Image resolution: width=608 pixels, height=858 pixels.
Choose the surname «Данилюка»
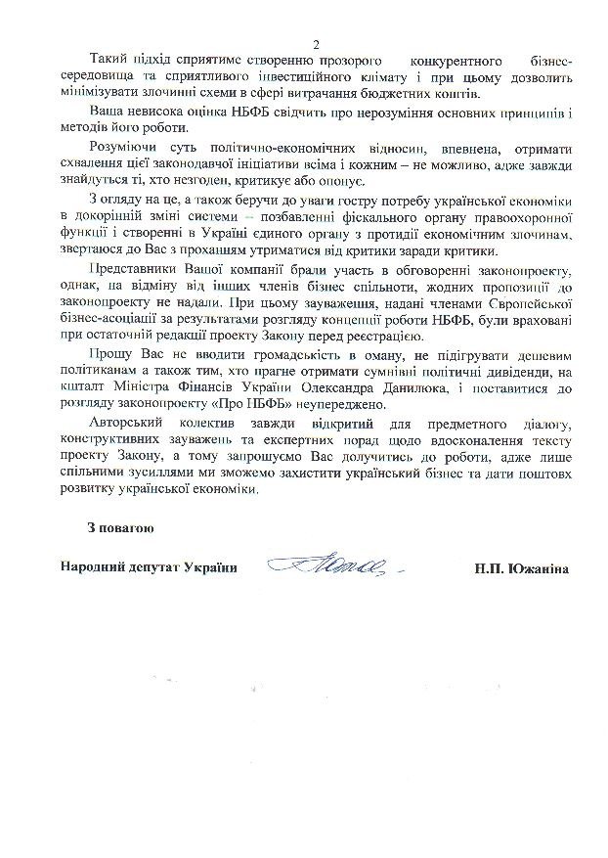(x=417, y=388)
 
